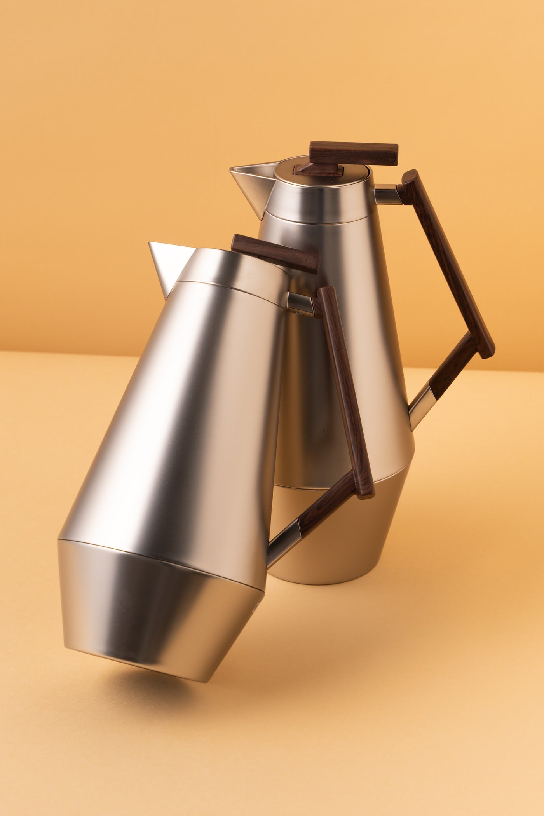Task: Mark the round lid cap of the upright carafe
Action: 323,179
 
